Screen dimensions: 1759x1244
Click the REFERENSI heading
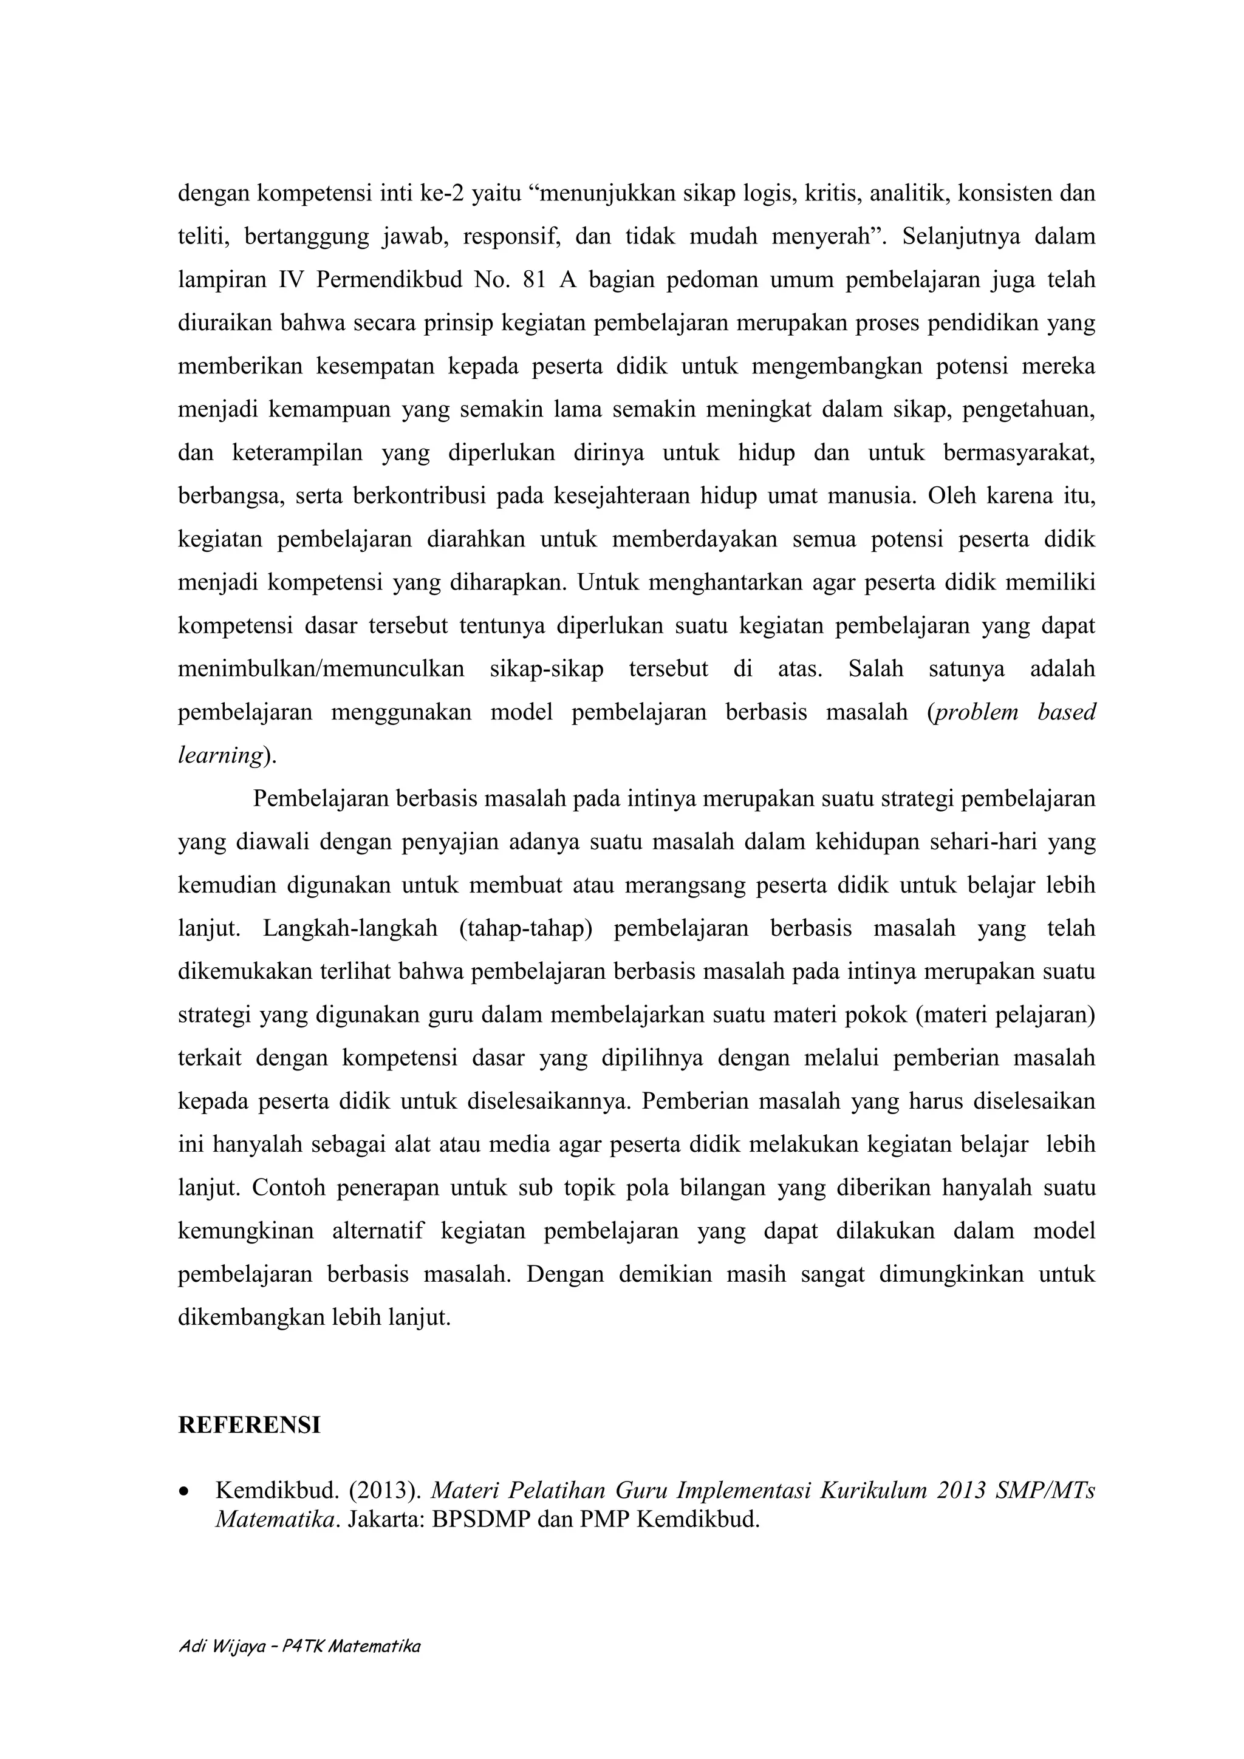coord(249,1425)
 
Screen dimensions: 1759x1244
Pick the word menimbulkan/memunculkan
coord(320,669)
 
